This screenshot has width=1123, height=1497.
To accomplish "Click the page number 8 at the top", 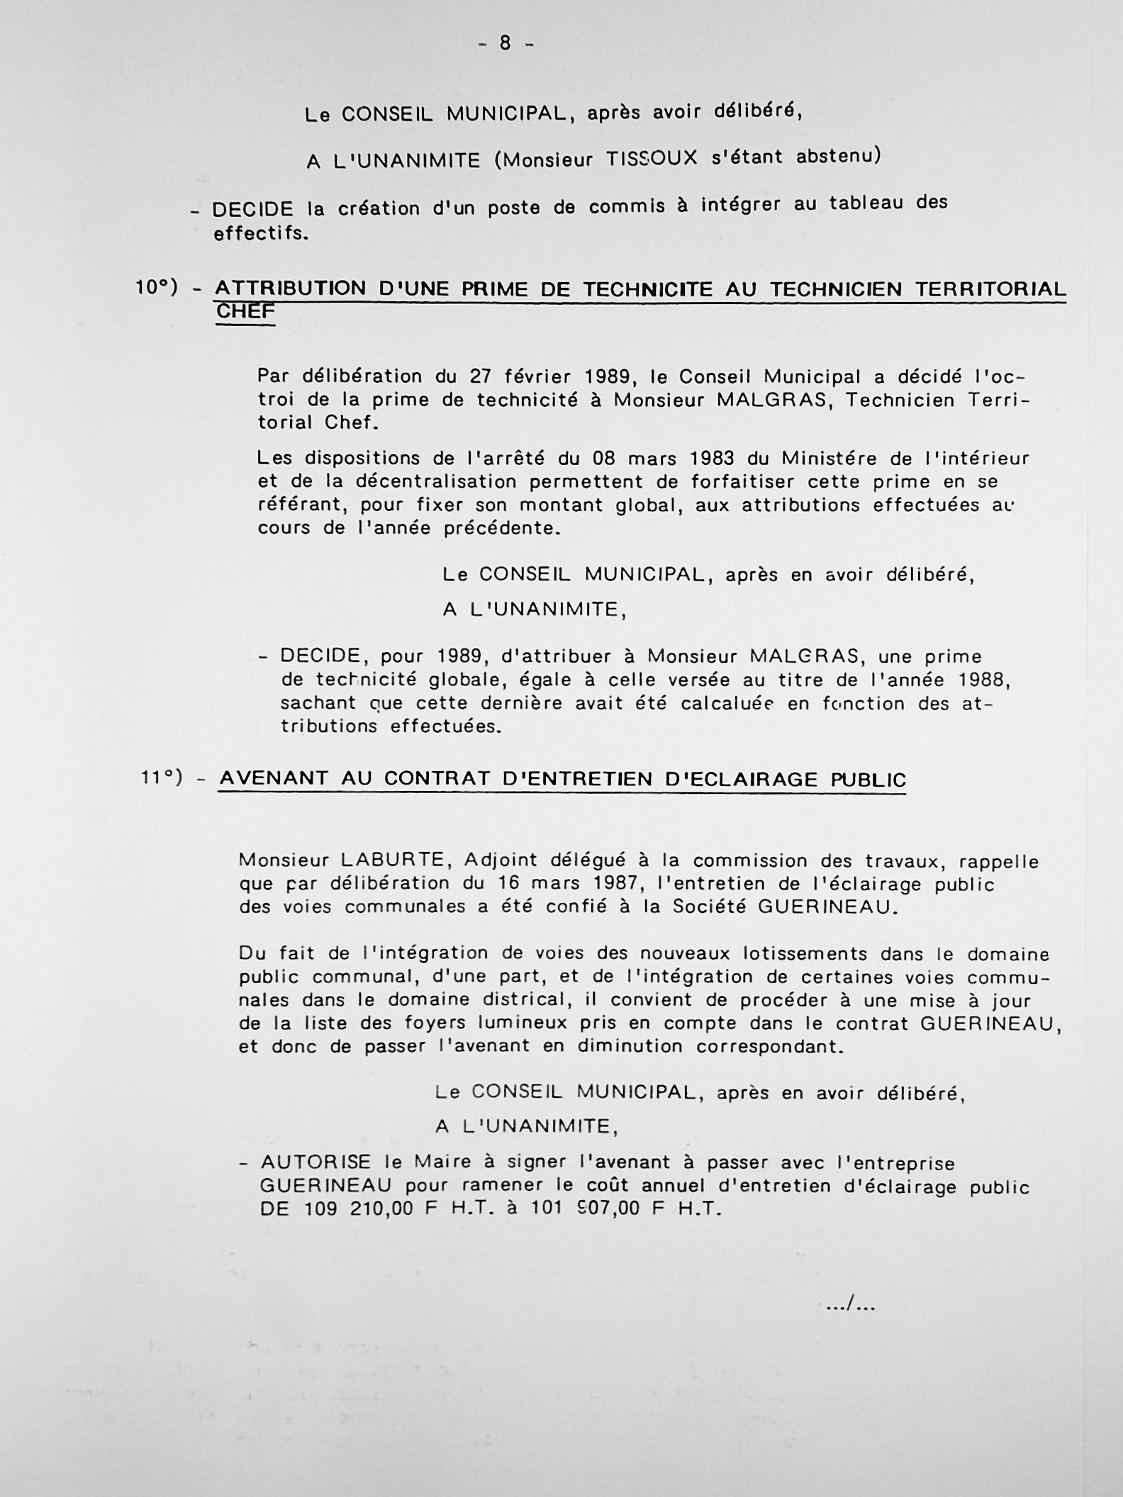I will click(x=505, y=43).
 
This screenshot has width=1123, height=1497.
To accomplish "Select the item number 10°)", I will click(x=157, y=287).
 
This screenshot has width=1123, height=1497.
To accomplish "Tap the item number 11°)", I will click(x=162, y=778).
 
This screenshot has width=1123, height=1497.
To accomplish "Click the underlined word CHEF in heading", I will click(x=245, y=311).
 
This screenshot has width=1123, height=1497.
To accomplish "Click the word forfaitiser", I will click(x=744, y=482).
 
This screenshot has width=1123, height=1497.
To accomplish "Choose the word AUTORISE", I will click(x=315, y=1162).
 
